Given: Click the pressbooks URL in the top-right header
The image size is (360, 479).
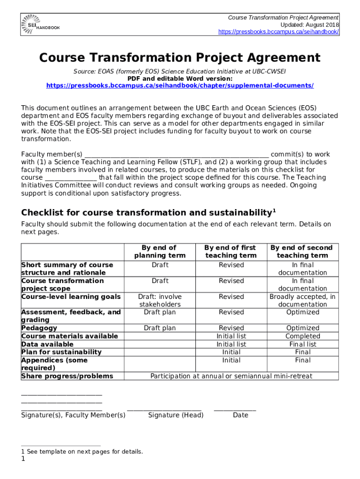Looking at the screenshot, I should (279, 32).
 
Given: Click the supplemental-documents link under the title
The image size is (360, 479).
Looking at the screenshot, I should (180, 86).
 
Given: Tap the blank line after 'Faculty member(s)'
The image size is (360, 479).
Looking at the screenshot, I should (176, 155).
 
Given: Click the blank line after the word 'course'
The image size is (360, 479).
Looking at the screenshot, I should (71, 178).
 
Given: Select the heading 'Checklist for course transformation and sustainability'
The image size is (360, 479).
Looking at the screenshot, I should (146, 212).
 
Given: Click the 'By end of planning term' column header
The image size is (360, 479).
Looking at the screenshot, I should (159, 251).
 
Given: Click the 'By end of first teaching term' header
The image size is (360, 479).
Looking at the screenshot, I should (231, 251).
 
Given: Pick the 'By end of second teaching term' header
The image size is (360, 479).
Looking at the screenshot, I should (302, 251).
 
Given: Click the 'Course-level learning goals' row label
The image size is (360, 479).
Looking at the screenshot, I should (71, 297).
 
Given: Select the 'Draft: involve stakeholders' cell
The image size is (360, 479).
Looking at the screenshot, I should (159, 300).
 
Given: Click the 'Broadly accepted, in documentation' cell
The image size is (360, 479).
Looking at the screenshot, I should (302, 300).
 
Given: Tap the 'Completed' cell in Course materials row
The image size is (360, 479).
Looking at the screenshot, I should (302, 336).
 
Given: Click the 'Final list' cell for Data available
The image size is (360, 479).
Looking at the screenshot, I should (302, 344).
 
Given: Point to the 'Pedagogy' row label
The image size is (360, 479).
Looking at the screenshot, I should (39, 328).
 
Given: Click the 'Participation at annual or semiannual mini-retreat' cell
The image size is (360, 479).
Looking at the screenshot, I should (231, 376).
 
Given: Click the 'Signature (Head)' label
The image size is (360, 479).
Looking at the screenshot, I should (176, 415).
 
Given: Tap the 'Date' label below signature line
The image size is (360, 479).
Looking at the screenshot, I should (240, 415).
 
